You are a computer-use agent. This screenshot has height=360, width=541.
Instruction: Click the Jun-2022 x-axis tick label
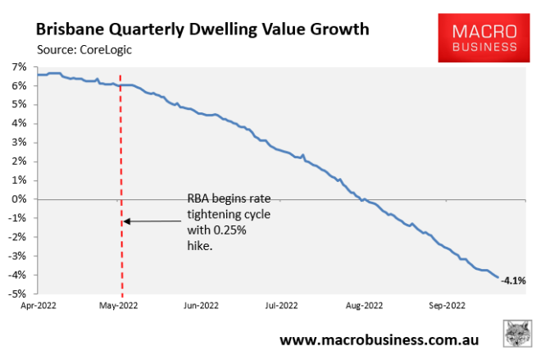coord(201,306)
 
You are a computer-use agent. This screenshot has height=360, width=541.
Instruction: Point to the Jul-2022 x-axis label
coord(280,306)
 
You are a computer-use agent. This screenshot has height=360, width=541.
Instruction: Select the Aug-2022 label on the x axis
coord(363,306)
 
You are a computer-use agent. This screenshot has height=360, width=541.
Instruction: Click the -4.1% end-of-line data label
coord(513,280)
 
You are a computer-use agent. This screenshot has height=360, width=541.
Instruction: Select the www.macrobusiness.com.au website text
coord(379,339)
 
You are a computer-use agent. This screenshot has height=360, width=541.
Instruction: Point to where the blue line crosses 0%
coord(358,199)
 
